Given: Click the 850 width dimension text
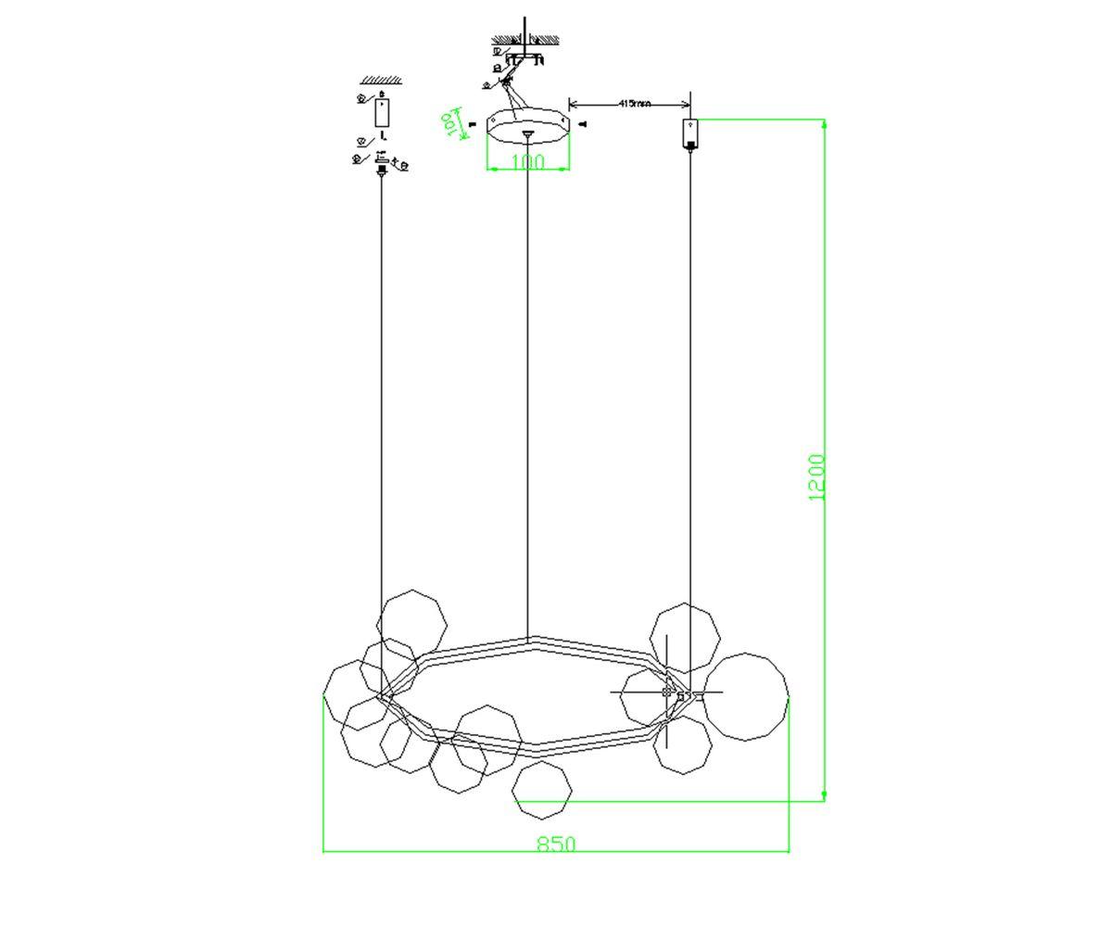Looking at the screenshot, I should click(556, 844).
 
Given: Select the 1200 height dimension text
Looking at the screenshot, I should click(816, 476).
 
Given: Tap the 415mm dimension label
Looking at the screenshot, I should click(633, 103).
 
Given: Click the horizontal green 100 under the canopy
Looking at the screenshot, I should click(527, 162).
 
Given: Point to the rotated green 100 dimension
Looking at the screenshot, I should click(451, 123).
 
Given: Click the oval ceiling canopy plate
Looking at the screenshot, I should click(527, 126).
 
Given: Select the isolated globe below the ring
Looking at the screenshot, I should click(542, 790).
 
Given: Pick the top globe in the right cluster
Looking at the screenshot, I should click(685, 638).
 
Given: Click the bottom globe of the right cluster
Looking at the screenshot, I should click(682, 744).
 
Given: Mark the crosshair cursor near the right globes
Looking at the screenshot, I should click(667, 692).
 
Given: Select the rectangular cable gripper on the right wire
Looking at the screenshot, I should click(690, 133).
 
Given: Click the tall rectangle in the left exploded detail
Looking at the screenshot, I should click(382, 111).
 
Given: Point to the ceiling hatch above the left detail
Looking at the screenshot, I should click(381, 81).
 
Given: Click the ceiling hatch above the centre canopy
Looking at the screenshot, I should click(525, 40).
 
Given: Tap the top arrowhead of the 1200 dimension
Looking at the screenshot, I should click(824, 122).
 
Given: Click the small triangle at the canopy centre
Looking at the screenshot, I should click(527, 135).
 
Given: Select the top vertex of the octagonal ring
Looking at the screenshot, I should click(529, 639).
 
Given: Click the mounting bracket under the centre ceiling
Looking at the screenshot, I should click(526, 58).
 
